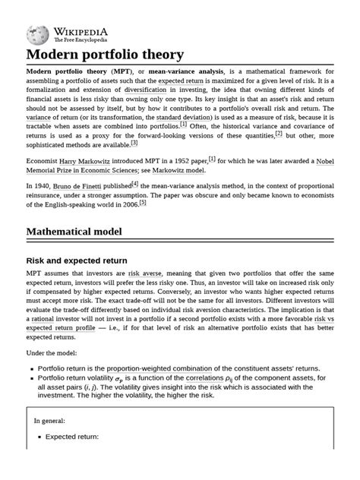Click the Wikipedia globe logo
(37, 34)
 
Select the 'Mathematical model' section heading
(85, 231)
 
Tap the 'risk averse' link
(144, 273)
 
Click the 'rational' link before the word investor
(47, 321)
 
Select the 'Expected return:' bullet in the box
(72, 437)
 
